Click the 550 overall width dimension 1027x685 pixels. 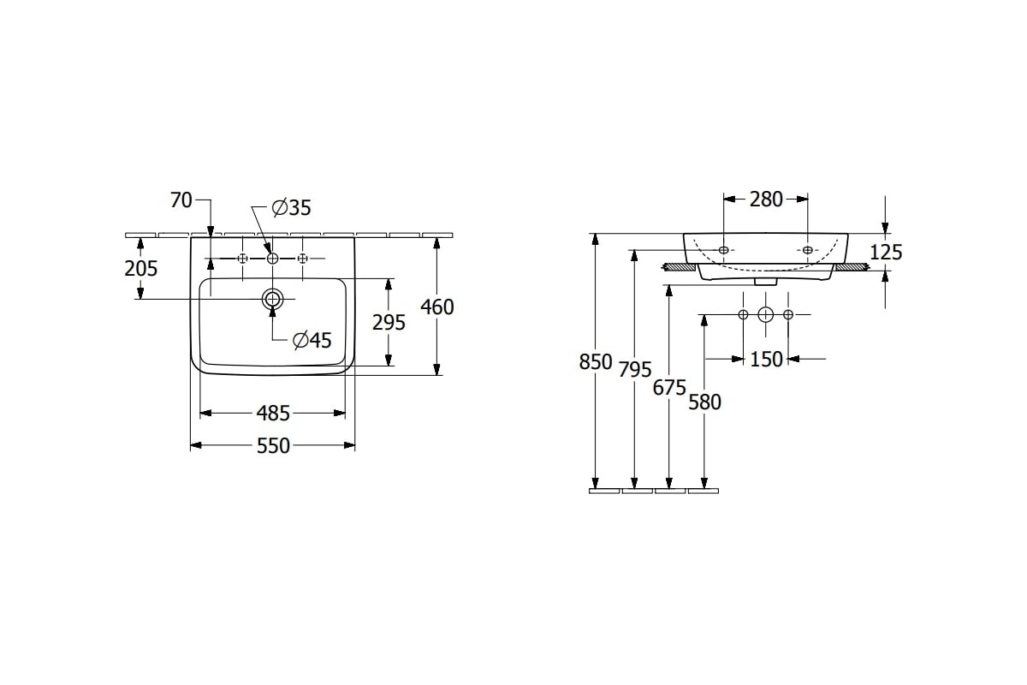coord(273,445)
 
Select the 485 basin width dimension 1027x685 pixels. coord(273,414)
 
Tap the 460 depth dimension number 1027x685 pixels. coord(437,307)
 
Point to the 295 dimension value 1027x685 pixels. coord(389,323)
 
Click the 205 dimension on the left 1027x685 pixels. coord(140,268)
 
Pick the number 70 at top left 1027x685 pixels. coord(181,200)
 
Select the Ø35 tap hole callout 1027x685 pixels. coord(292,208)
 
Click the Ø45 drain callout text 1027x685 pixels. coord(312,341)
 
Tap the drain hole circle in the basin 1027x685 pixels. coord(273,299)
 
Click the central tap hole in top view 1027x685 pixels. coord(273,259)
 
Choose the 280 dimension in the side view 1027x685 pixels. coord(766,200)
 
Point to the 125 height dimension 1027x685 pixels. coord(886,252)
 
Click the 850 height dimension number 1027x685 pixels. coord(596,362)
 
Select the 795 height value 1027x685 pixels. coord(635,369)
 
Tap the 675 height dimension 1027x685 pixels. coord(669,388)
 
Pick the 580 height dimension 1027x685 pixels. coord(705,402)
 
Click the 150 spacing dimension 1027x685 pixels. coord(766,360)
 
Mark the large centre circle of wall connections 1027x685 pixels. coord(766,315)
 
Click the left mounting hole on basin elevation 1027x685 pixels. coord(724,250)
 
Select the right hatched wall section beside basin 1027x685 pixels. coord(852,267)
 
